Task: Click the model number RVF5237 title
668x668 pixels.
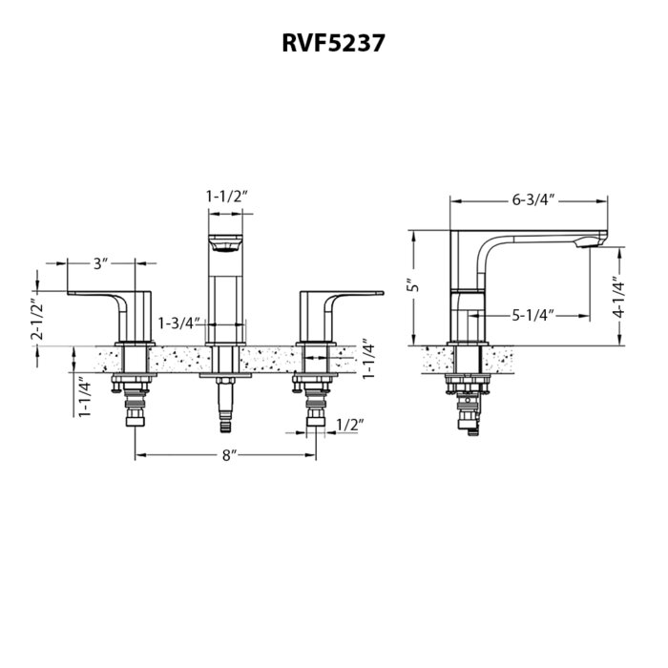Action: coord(333,43)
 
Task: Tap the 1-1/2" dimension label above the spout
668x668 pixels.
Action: coord(226,196)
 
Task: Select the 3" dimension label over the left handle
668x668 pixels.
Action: coord(102,262)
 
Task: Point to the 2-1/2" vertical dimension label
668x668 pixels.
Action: coord(38,320)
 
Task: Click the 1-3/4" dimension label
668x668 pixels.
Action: coord(179,323)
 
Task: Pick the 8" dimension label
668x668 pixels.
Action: coord(228,456)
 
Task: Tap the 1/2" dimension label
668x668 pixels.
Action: coord(347,423)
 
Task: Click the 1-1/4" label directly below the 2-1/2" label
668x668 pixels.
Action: coord(84,398)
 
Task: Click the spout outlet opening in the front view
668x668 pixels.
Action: coord(226,247)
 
